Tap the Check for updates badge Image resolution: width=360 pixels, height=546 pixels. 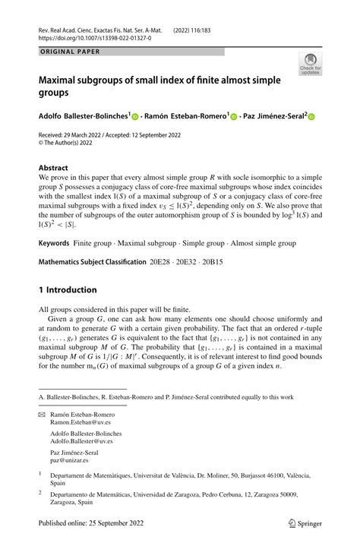click(310, 64)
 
